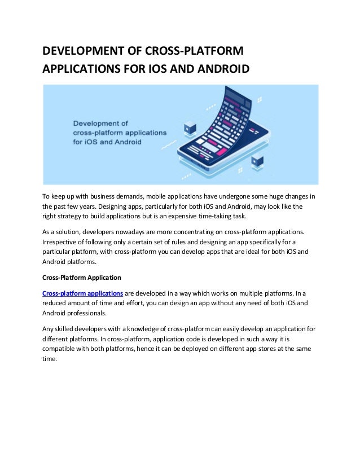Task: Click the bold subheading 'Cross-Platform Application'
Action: coord(82,278)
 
